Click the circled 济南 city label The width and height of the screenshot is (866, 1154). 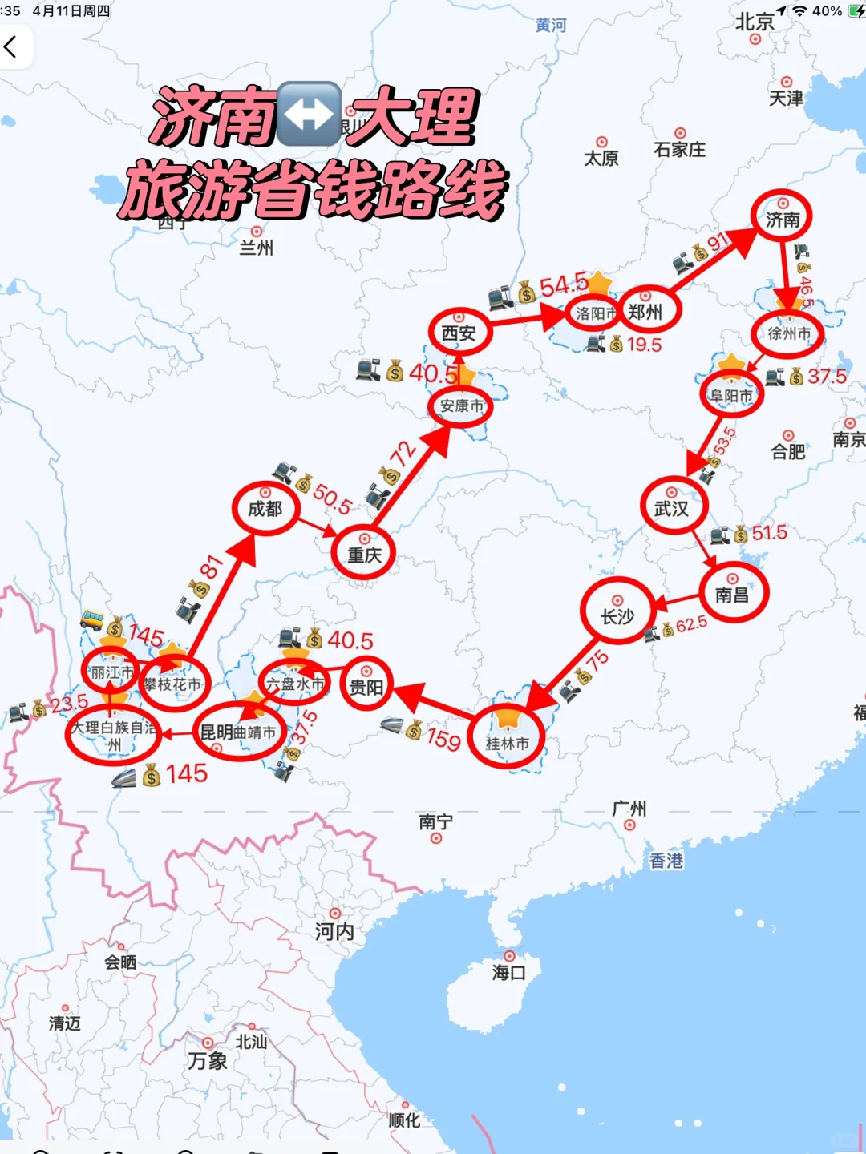[782, 218]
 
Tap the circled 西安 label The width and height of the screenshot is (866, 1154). [459, 333]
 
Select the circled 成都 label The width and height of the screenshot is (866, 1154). [265, 508]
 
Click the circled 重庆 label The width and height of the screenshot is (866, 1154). [364, 554]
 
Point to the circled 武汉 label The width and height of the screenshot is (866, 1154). [671, 508]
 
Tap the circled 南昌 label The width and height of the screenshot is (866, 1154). [732, 595]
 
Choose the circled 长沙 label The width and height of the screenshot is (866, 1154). [617, 615]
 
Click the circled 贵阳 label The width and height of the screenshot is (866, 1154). [366, 686]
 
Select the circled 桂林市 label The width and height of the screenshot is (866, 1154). [508, 742]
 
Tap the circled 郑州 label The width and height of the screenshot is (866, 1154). [645, 312]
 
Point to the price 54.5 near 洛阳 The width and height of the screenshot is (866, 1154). [563, 285]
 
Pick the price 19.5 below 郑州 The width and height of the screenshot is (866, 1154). [644, 345]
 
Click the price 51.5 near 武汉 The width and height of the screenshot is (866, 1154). [769, 533]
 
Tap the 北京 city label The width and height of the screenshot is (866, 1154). [755, 22]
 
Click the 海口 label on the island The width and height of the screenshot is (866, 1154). [509, 972]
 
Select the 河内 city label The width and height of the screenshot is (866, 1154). [334, 930]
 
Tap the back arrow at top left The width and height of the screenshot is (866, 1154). [11, 47]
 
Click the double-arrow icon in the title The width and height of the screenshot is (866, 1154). [309, 114]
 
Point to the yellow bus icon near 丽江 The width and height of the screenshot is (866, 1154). [92, 619]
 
